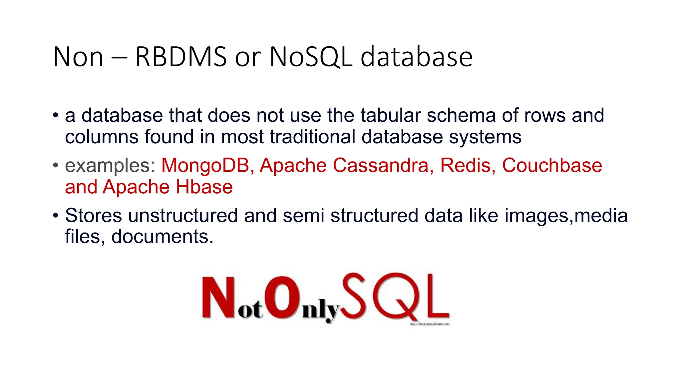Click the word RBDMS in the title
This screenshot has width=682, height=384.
(x=181, y=57)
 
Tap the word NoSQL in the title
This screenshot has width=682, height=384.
(x=311, y=57)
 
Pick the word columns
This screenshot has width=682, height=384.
(x=101, y=137)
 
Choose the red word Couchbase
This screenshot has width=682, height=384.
(x=552, y=165)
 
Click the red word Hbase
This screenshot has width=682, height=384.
(x=204, y=187)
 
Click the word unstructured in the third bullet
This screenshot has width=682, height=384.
(x=183, y=215)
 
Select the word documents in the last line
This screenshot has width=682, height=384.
(x=162, y=237)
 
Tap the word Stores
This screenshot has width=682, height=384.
(x=94, y=215)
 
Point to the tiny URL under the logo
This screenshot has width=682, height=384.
(x=429, y=324)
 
